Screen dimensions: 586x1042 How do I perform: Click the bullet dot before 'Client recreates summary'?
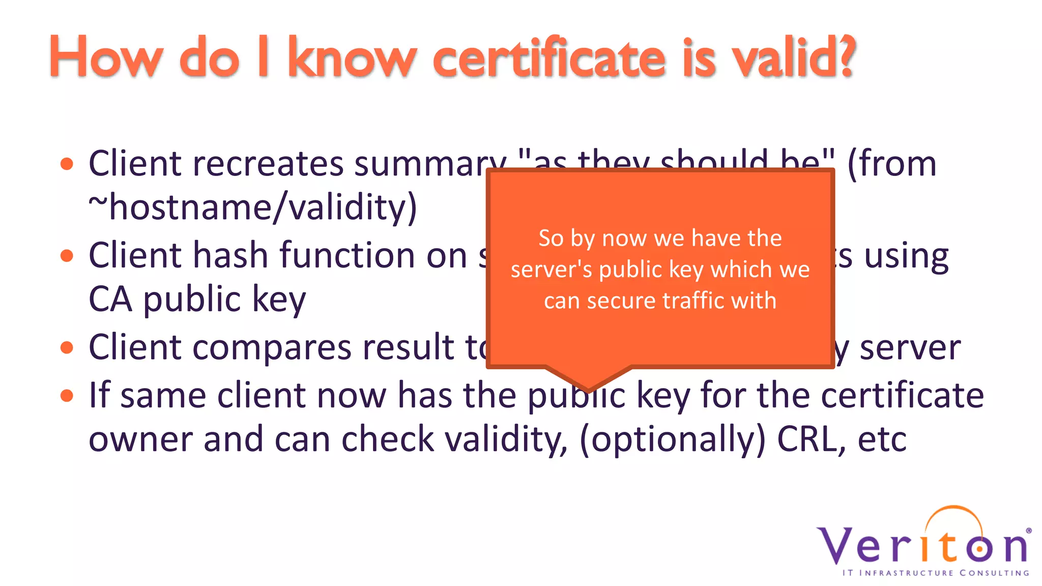67,164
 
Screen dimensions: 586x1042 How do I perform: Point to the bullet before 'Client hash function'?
67,255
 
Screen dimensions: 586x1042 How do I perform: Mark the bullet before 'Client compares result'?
67,347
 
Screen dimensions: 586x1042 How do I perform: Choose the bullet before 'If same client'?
67,395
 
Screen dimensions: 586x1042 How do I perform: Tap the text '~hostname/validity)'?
253,208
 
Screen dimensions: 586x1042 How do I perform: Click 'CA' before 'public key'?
110,299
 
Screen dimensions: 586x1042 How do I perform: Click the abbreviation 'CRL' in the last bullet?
807,439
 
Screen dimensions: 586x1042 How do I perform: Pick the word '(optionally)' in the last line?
672,439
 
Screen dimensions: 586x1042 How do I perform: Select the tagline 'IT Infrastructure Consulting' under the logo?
936,573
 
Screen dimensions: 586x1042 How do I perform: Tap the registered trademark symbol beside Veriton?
1029,531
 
